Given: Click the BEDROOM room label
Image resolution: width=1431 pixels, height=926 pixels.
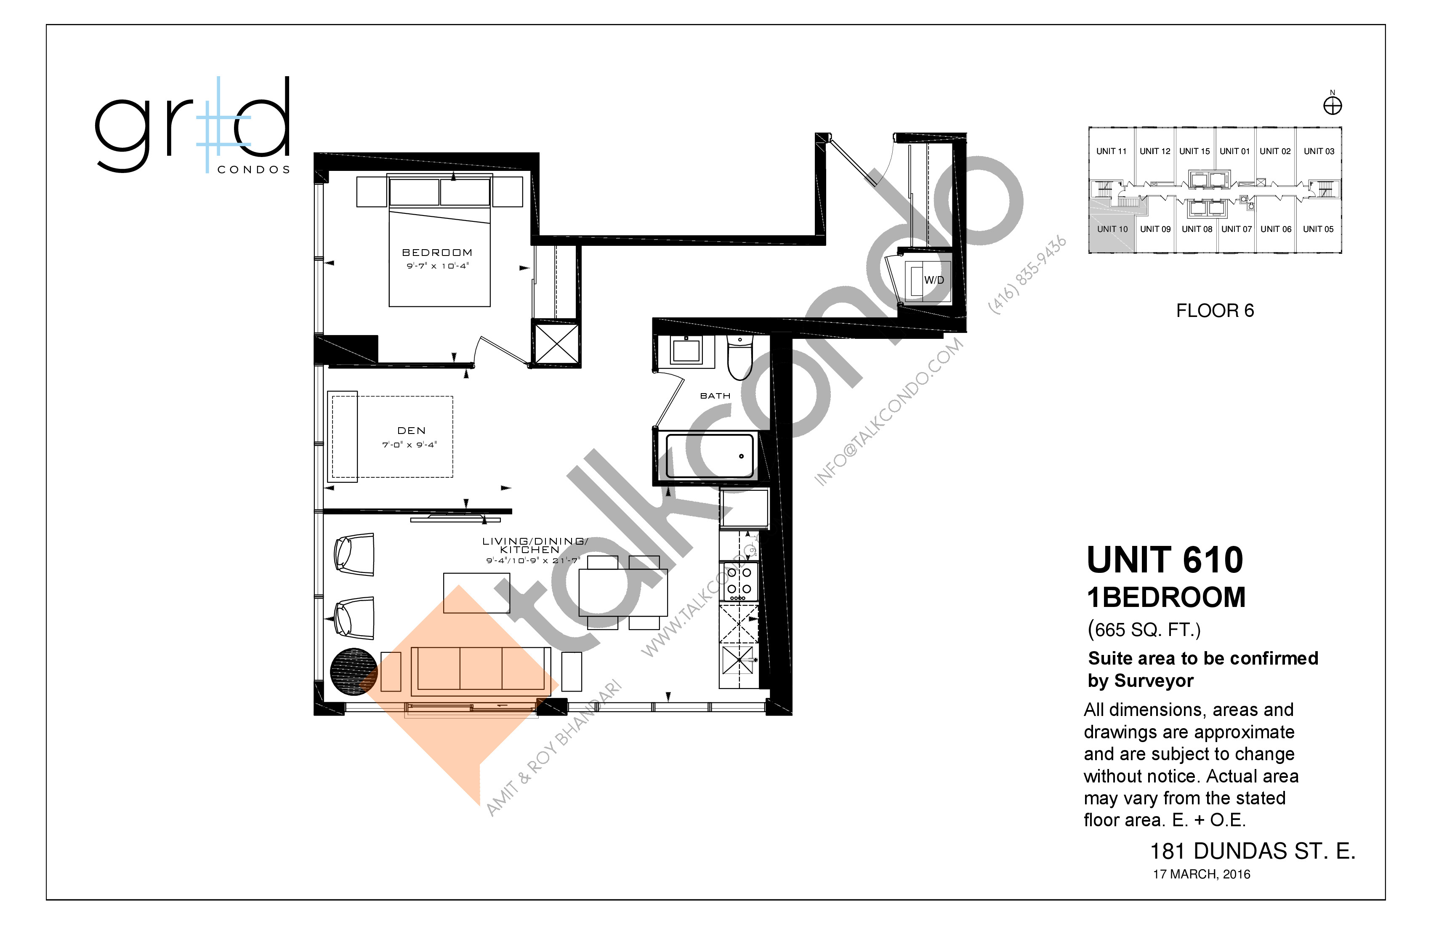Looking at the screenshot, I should point(437,253).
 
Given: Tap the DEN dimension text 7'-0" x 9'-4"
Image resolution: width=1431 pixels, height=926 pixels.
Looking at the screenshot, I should point(410,445).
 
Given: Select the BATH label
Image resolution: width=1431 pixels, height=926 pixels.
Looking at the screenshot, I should point(715,396).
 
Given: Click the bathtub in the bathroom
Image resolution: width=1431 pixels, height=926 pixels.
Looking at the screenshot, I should point(710,456).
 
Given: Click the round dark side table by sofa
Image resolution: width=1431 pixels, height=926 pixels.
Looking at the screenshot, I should point(354,671).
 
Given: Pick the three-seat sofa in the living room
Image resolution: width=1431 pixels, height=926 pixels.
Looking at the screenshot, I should point(480,669).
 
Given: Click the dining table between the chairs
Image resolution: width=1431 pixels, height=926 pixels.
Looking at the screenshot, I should point(623,592).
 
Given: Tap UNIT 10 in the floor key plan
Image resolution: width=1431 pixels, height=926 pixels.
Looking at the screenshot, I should point(1112,229).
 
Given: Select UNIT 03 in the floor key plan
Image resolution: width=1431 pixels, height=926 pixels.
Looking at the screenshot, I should point(1319,152).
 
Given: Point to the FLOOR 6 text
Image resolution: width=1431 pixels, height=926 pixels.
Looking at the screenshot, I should point(1215,311).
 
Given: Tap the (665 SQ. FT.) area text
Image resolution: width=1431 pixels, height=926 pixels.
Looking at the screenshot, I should point(1144,630).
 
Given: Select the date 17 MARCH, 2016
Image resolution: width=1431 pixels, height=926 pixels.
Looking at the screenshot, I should point(1201,874).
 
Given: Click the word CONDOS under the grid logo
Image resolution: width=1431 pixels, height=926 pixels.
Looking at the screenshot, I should point(253,170).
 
